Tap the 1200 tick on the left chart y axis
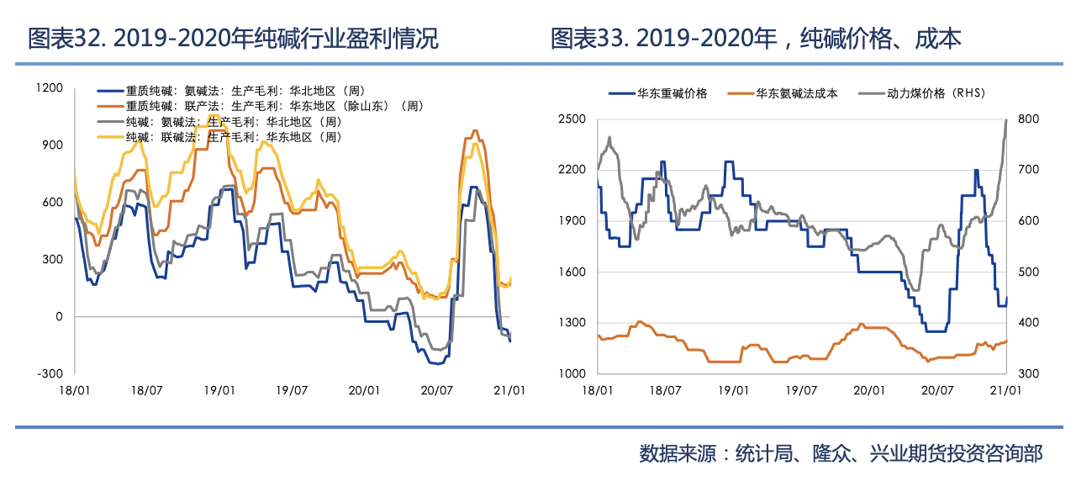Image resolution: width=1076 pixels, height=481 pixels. tap(50, 87)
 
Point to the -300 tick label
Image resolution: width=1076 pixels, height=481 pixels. tap(50, 373)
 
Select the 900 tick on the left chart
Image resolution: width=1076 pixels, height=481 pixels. tap(52, 145)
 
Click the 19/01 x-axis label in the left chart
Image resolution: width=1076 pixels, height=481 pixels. tap(219, 390)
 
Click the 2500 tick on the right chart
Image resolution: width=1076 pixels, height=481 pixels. tap(572, 119)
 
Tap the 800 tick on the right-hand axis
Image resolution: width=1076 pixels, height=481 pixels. tap(1029, 119)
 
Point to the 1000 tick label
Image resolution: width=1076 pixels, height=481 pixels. tap(572, 373)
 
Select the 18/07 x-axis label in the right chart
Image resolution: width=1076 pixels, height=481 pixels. tap(665, 390)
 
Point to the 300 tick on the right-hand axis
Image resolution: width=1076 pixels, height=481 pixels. tap(1029, 373)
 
